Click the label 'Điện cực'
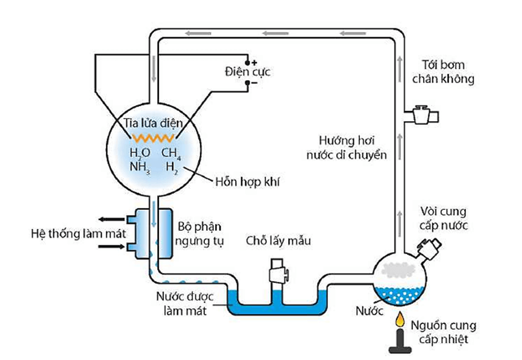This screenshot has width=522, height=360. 247,73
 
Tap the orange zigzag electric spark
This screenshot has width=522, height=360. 153,137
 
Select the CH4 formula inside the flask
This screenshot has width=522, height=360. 171,153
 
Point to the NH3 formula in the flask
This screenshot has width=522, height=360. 139,168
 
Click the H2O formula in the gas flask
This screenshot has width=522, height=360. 140,153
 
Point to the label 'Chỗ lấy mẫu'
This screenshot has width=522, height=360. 278,241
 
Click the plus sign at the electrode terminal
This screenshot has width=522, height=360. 255,62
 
